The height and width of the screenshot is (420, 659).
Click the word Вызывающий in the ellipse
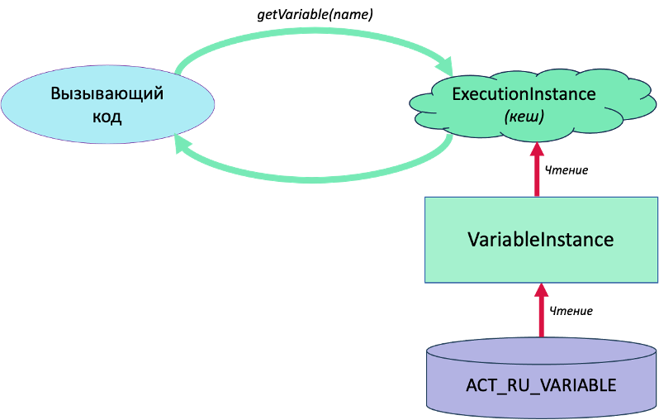107,93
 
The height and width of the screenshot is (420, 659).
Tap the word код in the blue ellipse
107,117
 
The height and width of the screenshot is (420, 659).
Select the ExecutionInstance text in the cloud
524,94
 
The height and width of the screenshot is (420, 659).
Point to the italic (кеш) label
524,117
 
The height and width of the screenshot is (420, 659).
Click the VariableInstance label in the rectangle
541,240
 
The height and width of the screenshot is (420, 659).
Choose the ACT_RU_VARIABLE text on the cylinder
541,386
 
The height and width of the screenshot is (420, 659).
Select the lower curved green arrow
314,174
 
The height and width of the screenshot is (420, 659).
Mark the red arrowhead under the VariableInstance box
541,290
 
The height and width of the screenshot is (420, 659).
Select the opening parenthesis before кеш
506,117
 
